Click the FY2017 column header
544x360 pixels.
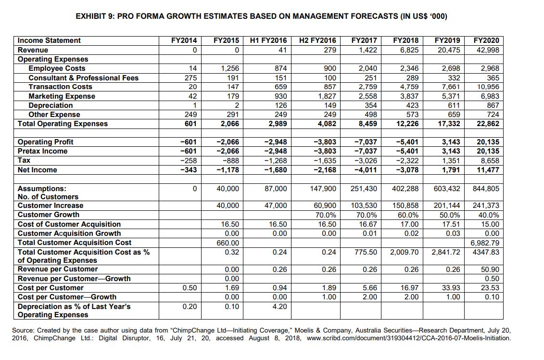point(364,40)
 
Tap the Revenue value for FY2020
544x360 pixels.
point(486,50)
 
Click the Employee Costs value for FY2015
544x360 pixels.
point(229,68)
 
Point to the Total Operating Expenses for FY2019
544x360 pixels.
point(447,124)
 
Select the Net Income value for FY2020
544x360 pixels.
point(487,170)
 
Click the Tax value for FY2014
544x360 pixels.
point(190,160)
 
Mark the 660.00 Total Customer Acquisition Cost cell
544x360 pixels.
point(229,243)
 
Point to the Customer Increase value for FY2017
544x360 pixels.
point(365,206)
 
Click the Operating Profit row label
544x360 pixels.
point(46,142)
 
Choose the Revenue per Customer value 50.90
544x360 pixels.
point(490,270)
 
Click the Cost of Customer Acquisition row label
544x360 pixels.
point(69,224)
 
